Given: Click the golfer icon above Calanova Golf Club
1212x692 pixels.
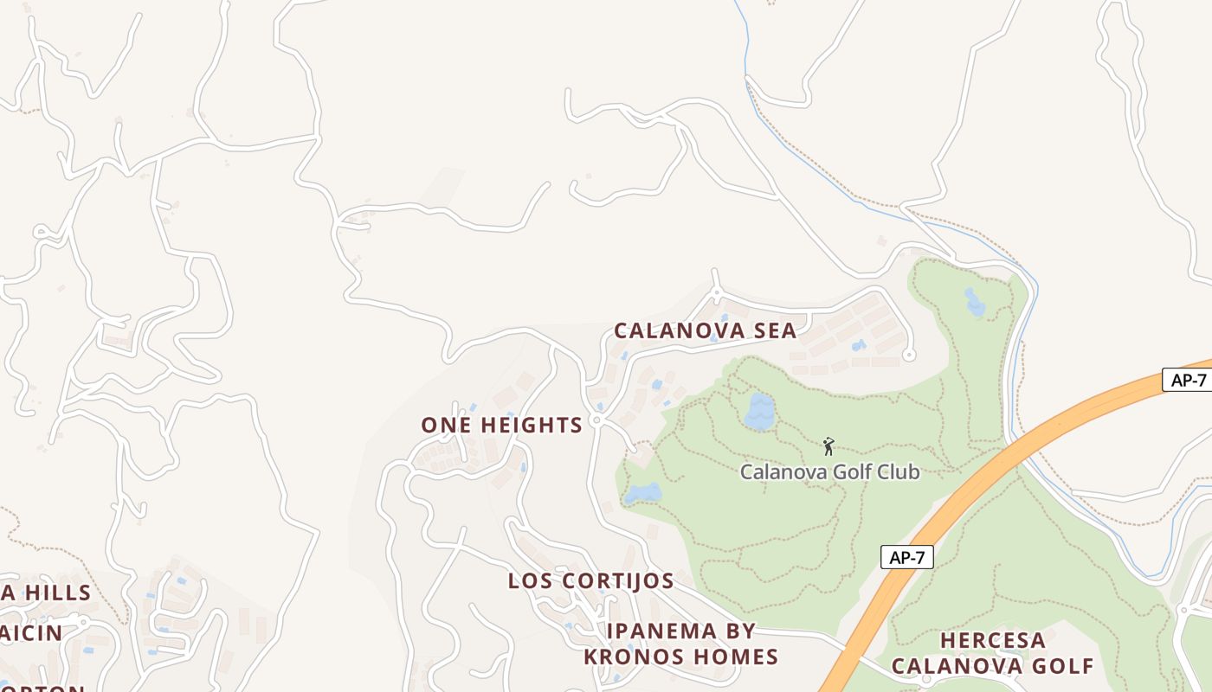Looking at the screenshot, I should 828,446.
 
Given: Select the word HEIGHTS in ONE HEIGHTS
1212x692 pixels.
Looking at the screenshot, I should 532,425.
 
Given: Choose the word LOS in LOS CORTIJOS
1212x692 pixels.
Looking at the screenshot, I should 529,580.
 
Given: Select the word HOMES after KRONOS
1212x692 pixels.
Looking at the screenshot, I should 736,657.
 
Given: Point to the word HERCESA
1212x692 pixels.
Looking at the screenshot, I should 993,641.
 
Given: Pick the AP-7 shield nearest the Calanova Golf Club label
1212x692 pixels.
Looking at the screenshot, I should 906,558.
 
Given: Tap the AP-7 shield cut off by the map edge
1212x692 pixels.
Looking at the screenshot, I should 1188,380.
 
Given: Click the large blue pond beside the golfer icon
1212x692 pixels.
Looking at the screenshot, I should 759,412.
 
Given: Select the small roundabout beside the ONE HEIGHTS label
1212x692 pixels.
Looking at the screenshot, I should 596,420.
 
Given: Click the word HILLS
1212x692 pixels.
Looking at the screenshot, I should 57,593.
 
